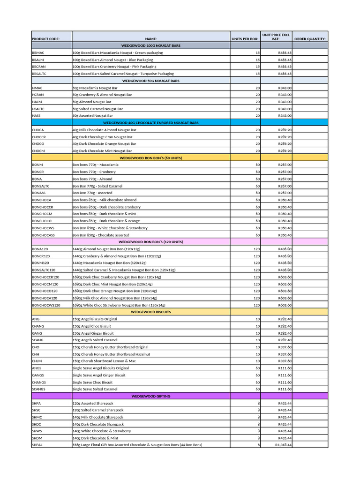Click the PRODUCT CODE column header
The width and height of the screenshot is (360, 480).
pyautogui.click(x=45, y=39)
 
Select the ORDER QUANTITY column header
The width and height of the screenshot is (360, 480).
pyautogui.click(x=311, y=39)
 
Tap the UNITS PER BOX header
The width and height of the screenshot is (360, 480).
pyautogui.click(x=245, y=39)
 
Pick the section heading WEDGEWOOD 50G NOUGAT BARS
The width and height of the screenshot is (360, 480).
pyautogui.click(x=150, y=81)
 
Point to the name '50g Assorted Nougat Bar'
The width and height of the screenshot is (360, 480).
pyautogui.click(x=92, y=115)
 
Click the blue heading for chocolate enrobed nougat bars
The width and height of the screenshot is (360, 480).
pyautogui.click(x=150, y=122)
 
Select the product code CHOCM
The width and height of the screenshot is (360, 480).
pyautogui.click(x=38, y=151)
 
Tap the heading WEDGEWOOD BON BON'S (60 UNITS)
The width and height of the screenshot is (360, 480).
pyautogui.click(x=150, y=158)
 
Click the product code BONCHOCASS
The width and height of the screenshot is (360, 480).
pyautogui.click(x=43, y=235)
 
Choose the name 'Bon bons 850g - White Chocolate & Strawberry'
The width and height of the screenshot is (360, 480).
pyautogui.click(x=110, y=228)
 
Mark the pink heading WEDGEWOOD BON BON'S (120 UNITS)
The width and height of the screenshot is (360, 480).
pyautogui.click(x=150, y=242)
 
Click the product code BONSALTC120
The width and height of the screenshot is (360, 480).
pyautogui.click(x=44, y=270)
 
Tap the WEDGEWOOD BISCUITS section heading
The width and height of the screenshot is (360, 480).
pyautogui.click(x=150, y=312)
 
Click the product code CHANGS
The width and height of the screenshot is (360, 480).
pyautogui.click(x=39, y=382)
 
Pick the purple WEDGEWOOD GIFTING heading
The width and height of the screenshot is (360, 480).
pyautogui.click(x=150, y=396)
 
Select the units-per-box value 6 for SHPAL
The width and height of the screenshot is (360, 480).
pyautogui.click(x=258, y=445)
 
